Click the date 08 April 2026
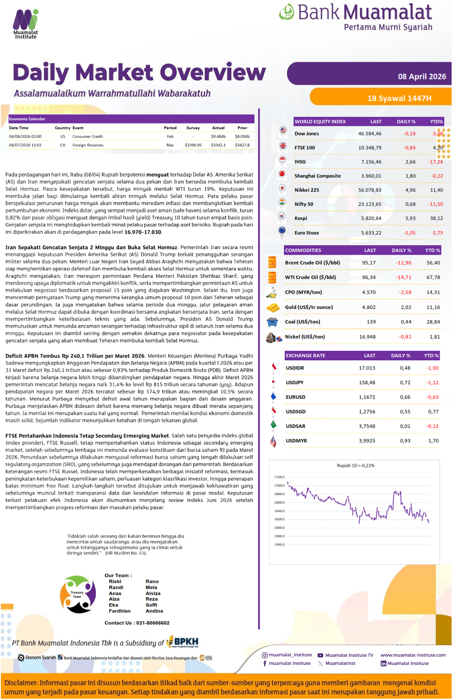422,77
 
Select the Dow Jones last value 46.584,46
369,134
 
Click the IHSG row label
300,162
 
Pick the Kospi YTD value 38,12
436,218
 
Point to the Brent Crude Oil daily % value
403,263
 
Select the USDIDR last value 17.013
367,368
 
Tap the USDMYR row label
296,441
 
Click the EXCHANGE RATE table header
306,356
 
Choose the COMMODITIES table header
303,250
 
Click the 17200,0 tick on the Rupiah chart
279,477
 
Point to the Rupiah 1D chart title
355,465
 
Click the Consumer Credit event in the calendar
88,137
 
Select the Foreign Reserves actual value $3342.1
218,145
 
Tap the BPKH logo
183,642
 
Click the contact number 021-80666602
153,623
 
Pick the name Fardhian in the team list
119,611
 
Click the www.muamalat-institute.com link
413,655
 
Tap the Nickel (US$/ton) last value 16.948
367,337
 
